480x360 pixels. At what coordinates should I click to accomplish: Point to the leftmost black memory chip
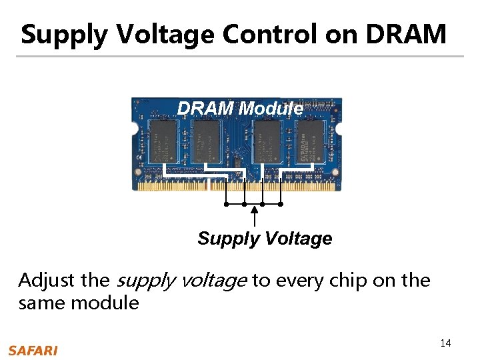click(x=162, y=140)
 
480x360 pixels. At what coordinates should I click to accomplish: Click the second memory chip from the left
click(x=205, y=141)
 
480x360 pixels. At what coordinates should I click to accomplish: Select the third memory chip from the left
click(x=268, y=141)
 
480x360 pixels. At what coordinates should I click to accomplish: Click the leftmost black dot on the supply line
click(x=227, y=204)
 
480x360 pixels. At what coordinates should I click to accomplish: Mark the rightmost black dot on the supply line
click(x=281, y=204)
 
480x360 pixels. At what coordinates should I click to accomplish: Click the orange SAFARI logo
click(x=33, y=351)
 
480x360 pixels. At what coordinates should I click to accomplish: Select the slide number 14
click(x=445, y=343)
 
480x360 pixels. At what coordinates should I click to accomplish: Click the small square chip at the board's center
click(x=237, y=162)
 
